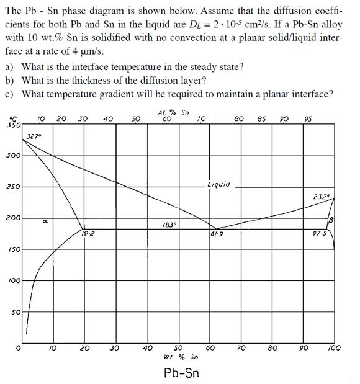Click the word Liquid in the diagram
pyautogui.click(x=220, y=184)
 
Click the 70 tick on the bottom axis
pyautogui.click(x=241, y=348)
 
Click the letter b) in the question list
pyautogui.click(x=9, y=81)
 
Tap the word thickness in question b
pyautogui.click(x=79, y=81)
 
